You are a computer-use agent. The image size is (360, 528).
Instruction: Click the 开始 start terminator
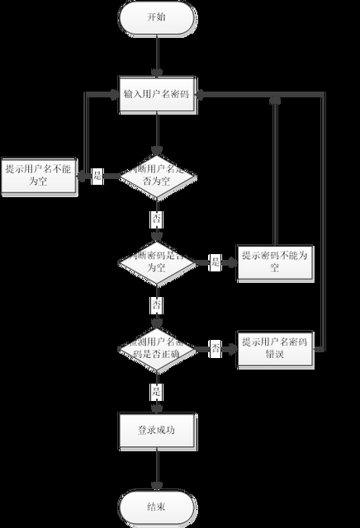[156, 18]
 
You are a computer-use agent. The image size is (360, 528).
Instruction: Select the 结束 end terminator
[156, 505]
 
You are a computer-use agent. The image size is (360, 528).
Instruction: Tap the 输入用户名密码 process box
[156, 94]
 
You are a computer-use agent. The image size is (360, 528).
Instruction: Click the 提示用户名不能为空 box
[39, 176]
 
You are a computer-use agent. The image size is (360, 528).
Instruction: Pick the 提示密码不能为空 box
[274, 262]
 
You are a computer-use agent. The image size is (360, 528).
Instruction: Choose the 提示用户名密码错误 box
[274, 349]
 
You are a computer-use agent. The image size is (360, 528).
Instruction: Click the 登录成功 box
[156, 430]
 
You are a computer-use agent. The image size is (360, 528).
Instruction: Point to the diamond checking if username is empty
[156, 176]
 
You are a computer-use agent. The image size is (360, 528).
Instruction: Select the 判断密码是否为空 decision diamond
[156, 262]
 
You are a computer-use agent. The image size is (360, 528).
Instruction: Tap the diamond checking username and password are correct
[156, 349]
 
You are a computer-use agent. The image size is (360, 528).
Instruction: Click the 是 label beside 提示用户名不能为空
[97, 176]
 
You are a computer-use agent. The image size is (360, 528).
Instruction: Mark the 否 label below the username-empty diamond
[156, 219]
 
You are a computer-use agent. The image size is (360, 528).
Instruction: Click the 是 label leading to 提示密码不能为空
[216, 262]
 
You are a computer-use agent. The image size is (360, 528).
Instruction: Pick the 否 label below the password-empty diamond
[156, 305]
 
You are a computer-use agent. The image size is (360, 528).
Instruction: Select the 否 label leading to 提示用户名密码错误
[216, 349]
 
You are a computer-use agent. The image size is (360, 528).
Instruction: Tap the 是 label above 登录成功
[156, 389]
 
